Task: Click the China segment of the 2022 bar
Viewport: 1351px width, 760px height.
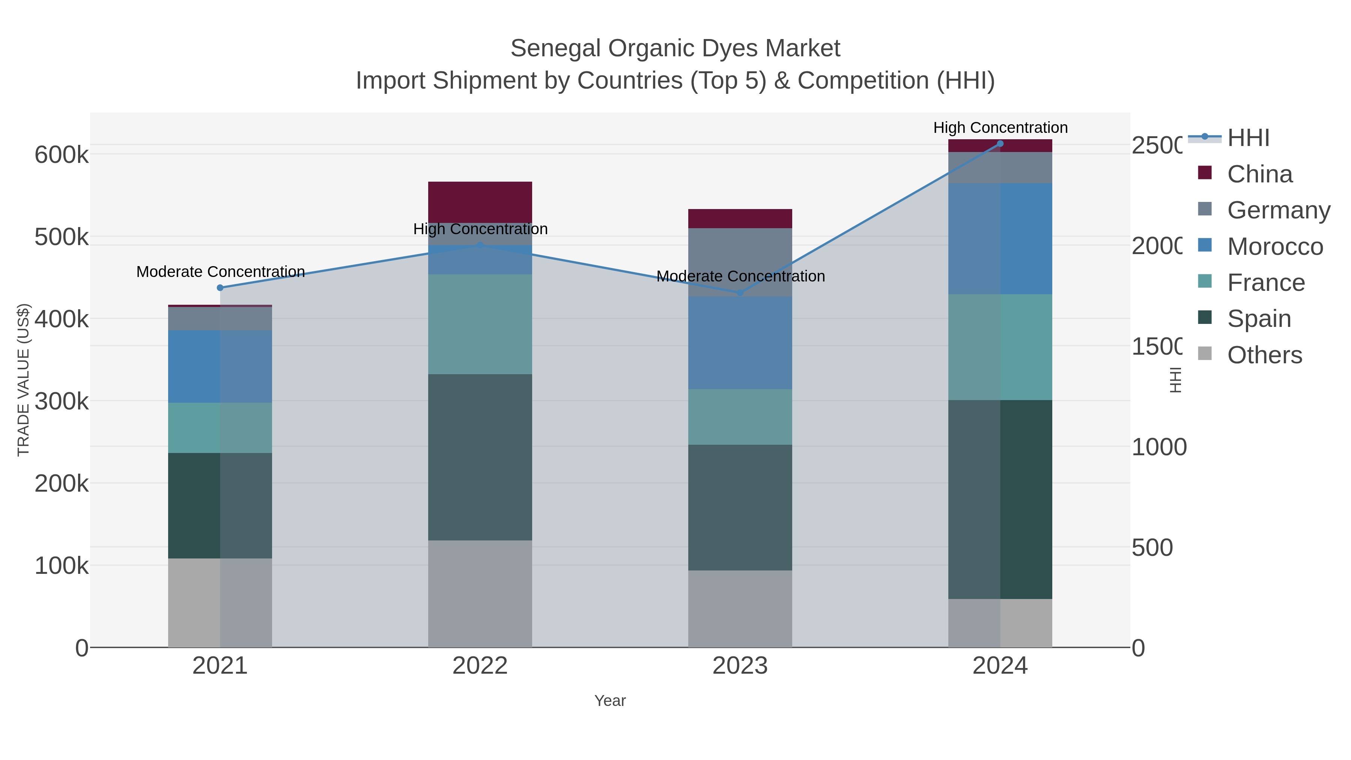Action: (x=480, y=202)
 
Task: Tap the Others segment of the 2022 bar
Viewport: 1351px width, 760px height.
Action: (x=480, y=593)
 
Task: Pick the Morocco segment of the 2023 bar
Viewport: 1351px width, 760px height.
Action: (x=740, y=343)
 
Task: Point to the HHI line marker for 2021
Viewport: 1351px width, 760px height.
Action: (x=220, y=287)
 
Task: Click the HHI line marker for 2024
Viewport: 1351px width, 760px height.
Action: (x=1000, y=144)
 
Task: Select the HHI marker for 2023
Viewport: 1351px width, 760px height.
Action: (x=740, y=293)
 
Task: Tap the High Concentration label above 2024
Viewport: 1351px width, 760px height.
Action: (x=1000, y=128)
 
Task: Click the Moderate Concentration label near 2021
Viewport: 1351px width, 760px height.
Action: (x=220, y=272)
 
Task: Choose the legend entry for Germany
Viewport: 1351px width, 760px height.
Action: (x=1278, y=210)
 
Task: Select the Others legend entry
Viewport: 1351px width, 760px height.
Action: (x=1264, y=355)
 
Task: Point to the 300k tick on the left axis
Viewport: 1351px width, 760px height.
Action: (x=62, y=401)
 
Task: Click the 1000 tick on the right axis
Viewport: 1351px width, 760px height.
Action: (x=1158, y=447)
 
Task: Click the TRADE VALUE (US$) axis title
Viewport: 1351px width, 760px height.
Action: (x=24, y=380)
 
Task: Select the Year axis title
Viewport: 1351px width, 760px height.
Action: (x=610, y=701)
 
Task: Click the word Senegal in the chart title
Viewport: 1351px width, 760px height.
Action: (x=555, y=48)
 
